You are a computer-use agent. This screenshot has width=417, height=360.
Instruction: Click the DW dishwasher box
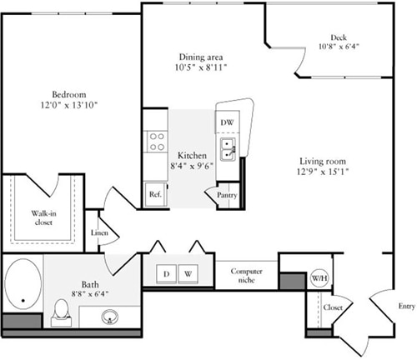pos(227,122)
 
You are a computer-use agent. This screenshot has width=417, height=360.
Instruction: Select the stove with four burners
pos(155,141)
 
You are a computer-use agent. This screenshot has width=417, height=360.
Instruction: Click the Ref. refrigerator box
pos(155,193)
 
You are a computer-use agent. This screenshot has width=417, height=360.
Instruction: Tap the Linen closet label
pos(99,234)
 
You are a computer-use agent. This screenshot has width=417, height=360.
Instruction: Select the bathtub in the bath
pos(23,289)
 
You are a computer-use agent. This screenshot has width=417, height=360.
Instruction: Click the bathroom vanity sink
pos(109,317)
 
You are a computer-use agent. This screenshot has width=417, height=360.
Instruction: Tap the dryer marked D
pos(166,273)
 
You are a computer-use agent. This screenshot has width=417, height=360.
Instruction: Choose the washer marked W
pos(188,273)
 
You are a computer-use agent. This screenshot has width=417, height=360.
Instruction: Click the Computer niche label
pos(247,276)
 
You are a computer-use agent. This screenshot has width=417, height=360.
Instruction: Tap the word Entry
pos(406,307)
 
